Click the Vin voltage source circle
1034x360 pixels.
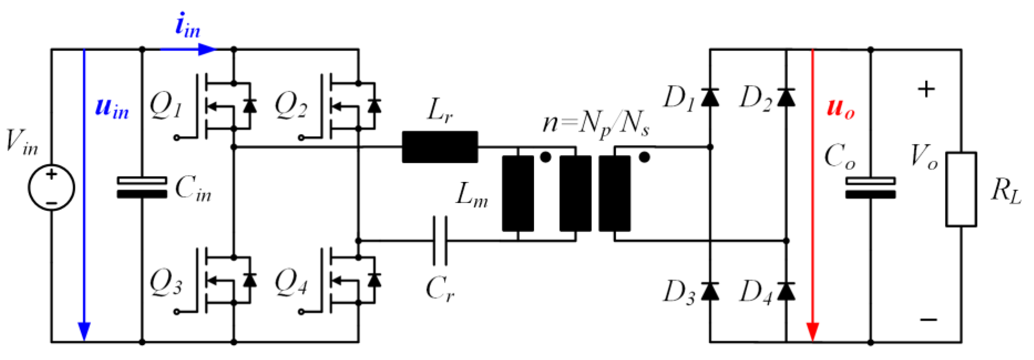coord(51,188)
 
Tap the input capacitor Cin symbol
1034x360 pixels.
coord(142,188)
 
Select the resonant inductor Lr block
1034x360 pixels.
coord(440,147)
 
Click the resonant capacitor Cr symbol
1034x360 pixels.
coord(440,241)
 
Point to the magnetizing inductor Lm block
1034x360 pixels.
coord(518,193)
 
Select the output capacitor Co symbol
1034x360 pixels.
coord(870,188)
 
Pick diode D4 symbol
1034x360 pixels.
coord(786,291)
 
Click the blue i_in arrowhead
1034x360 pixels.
coord(207,49)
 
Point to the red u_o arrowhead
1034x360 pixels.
coord(813,332)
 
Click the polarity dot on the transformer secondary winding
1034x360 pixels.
coord(644,157)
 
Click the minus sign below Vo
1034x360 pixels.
coord(928,320)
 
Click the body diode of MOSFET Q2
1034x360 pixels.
coord(374,106)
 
